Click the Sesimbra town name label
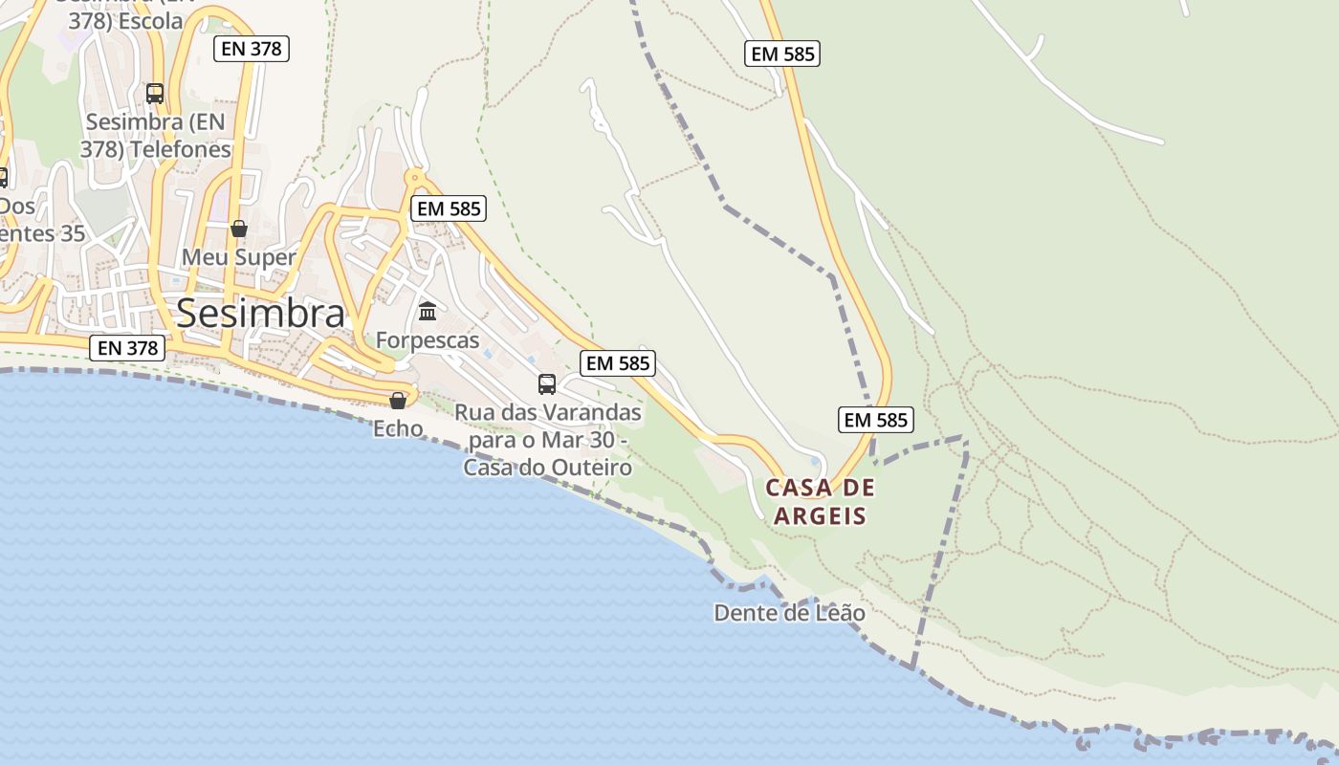(260, 313)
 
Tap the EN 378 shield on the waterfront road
(128, 348)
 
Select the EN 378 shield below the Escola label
(252, 48)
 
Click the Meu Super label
(238, 257)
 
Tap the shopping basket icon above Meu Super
(239, 229)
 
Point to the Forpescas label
(428, 340)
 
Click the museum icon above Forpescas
(428, 312)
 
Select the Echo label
(398, 428)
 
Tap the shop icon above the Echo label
(398, 400)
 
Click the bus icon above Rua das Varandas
(547, 384)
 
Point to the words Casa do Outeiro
(548, 468)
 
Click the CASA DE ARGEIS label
(821, 502)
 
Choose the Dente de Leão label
(789, 613)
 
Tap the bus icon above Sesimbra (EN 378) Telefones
(155, 94)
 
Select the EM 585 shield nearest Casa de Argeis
(876, 419)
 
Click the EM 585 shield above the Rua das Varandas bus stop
(617, 362)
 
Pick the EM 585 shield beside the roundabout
(449, 208)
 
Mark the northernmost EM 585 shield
(782, 54)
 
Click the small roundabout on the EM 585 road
(415, 177)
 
